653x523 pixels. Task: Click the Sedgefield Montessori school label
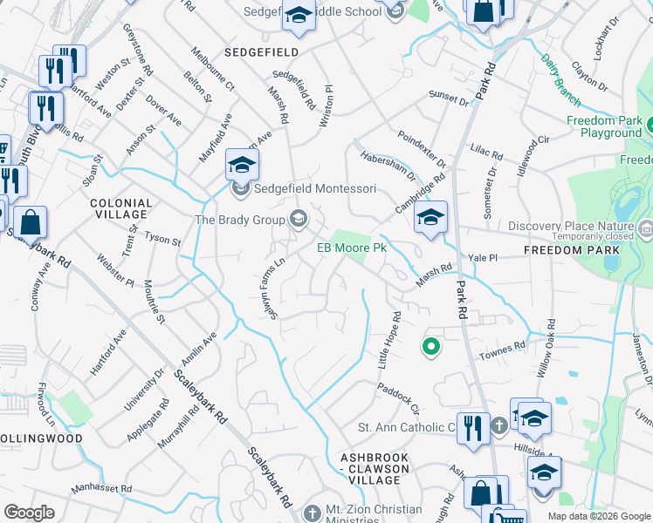302,188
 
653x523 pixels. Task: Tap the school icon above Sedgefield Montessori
243,164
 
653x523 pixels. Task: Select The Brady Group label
239,221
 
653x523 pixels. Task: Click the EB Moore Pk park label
351,249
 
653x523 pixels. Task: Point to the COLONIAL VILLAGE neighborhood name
120,208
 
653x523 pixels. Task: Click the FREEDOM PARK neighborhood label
572,250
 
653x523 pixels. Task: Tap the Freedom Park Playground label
604,126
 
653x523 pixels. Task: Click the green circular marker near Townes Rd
430,347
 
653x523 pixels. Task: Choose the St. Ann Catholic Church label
407,427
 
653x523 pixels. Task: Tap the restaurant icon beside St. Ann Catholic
473,428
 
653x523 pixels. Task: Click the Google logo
30,513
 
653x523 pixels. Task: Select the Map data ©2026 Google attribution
599,516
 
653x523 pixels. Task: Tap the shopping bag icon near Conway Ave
30,223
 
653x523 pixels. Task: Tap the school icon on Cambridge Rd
430,218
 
